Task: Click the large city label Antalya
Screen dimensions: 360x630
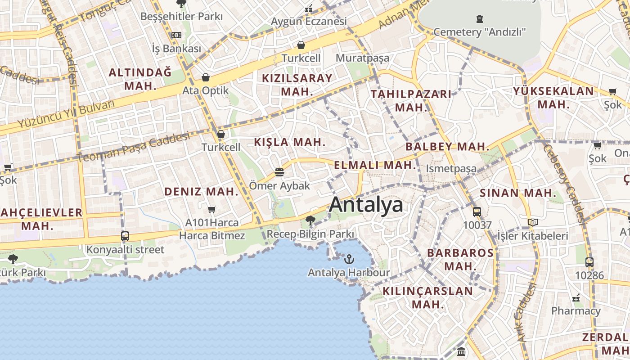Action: pos(366,205)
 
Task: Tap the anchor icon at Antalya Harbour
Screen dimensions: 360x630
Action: pos(349,259)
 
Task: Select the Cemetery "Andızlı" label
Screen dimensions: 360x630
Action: pos(480,32)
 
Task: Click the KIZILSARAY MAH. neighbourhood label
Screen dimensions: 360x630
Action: pos(297,84)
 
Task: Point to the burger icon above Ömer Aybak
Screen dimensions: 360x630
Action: pos(279,172)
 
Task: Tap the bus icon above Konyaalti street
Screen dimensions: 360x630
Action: pos(125,236)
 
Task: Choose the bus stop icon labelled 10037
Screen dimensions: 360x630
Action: pos(477,211)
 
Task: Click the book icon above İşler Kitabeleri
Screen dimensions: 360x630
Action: pos(533,222)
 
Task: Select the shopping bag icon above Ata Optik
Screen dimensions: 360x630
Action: pos(206,77)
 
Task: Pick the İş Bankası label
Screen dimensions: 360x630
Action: pos(176,48)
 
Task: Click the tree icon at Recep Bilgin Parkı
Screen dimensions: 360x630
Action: pos(310,220)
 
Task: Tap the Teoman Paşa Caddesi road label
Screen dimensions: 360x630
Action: pos(133,147)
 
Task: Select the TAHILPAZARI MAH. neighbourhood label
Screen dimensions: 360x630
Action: pos(411,100)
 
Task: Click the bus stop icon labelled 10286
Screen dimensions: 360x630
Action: pos(589,262)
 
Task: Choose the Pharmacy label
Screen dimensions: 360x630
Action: pos(576,311)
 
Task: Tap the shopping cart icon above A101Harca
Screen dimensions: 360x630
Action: pos(212,209)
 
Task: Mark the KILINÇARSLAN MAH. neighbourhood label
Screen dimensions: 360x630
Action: pos(427,297)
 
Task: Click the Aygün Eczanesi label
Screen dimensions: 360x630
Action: pos(309,21)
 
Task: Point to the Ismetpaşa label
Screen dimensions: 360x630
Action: pos(451,169)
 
